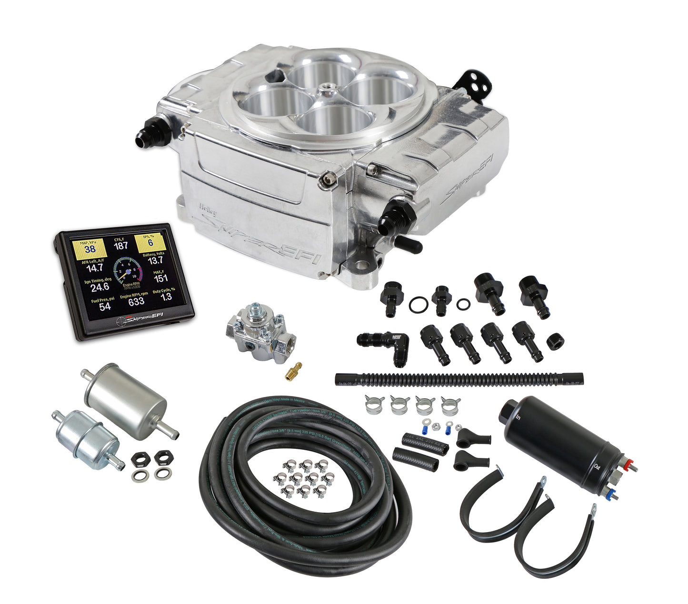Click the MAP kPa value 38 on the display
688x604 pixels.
[x=90, y=248]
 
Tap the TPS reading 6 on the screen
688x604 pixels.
[x=150, y=243]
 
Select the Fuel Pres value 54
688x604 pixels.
[x=105, y=306]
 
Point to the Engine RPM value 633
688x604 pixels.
[x=136, y=301]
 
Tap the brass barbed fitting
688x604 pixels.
[x=293, y=371]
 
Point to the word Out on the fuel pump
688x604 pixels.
[x=598, y=467]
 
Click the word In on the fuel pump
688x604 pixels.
[x=518, y=417]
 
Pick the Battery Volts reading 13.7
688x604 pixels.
[x=155, y=260]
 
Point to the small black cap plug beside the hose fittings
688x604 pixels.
[x=554, y=341]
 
